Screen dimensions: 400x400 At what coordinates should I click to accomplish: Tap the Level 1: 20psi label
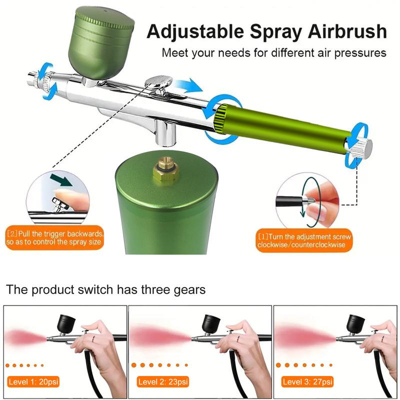coord(32,382)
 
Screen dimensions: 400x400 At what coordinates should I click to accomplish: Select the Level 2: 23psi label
coord(163,382)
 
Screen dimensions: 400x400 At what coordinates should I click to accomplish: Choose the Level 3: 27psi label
coord(307,382)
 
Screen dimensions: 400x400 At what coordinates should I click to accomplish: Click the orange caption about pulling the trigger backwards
coord(55,238)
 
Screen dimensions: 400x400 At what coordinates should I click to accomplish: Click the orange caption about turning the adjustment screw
coord(304,240)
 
